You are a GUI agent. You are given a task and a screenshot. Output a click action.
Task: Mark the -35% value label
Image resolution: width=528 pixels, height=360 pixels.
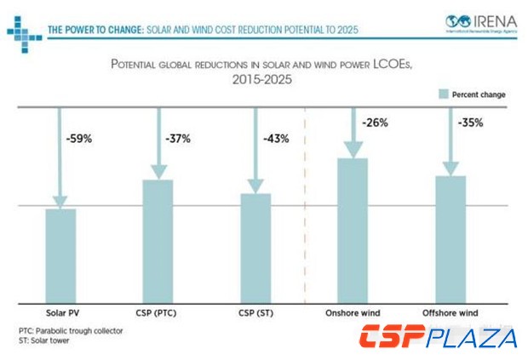tap(470, 123)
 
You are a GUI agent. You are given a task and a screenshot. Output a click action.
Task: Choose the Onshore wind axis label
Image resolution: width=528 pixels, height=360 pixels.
tap(353, 313)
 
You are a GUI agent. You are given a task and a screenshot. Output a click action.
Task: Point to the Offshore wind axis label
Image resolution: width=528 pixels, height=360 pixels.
tap(451, 313)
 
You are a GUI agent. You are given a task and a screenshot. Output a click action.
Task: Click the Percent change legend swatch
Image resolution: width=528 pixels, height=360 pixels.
tap(443, 94)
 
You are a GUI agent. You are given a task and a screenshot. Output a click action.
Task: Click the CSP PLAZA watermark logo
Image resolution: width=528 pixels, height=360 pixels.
tap(438, 338)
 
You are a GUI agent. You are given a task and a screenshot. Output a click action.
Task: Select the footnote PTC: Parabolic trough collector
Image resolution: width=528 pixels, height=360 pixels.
tap(71, 329)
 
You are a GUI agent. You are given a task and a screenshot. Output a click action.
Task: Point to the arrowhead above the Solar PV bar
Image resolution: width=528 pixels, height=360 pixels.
tap(60, 201)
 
